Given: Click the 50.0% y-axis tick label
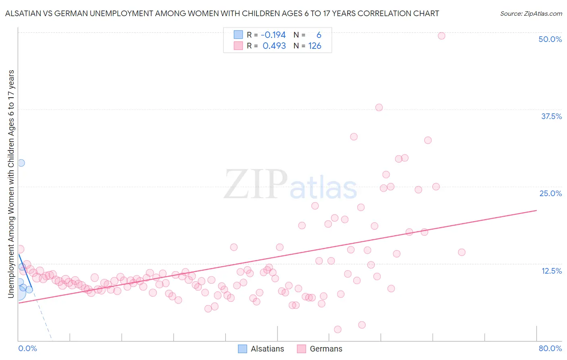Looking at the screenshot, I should (x=550, y=39).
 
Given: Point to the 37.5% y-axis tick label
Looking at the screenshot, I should (x=551, y=116).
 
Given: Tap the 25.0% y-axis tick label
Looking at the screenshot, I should (x=550, y=193).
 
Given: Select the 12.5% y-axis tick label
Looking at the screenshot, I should (x=551, y=271).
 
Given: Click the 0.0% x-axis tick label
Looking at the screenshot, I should (x=27, y=348).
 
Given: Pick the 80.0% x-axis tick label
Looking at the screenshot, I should (x=550, y=348).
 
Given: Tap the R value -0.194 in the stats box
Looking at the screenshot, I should (x=274, y=35).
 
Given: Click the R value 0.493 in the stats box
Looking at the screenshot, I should (x=274, y=46).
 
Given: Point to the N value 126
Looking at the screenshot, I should (x=315, y=46).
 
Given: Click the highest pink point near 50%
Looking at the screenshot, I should (x=441, y=36).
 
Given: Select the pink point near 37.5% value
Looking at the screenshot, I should (x=379, y=107).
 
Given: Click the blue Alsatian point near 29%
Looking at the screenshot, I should (x=21, y=163).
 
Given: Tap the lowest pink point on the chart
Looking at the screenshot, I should (x=338, y=329).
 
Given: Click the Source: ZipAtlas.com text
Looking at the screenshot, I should (x=531, y=14).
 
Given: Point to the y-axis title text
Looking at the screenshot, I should (x=11, y=184).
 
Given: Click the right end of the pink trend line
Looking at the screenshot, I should (x=536, y=210).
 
